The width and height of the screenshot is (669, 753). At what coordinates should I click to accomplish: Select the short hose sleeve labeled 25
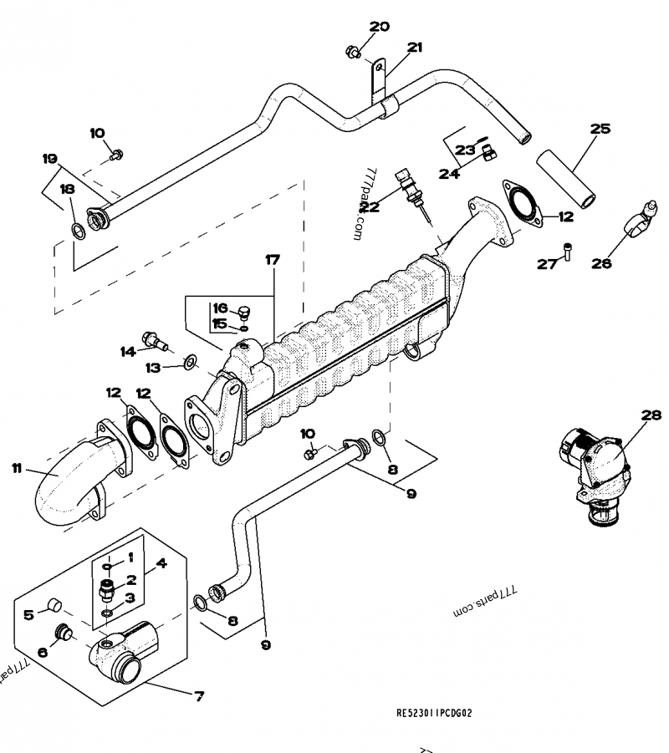[x=564, y=176]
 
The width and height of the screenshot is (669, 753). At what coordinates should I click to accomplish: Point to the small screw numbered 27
[x=567, y=249]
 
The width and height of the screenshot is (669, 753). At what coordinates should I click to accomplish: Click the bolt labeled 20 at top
[x=354, y=53]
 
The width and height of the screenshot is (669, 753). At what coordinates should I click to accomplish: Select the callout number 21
[x=415, y=48]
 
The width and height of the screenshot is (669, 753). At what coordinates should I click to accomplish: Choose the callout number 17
[x=273, y=261]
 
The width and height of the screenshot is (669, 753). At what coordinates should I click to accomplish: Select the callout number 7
[x=198, y=695]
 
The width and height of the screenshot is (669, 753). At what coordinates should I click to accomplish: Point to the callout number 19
[x=49, y=158]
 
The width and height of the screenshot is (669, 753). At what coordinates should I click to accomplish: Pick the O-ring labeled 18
[x=77, y=231]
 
